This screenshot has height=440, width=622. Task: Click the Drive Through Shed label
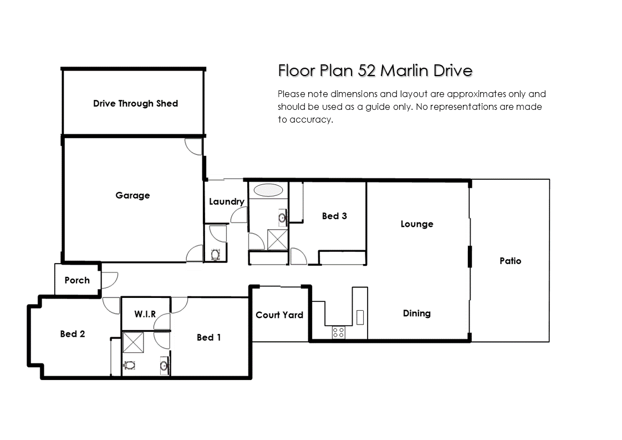135,104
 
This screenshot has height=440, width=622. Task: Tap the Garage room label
132,195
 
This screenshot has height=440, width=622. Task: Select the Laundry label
227,202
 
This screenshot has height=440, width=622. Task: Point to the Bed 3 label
334,216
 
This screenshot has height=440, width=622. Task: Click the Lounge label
416,224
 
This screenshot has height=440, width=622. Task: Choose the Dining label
416,313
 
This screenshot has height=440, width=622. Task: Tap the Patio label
510,261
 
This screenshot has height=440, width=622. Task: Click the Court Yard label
279,315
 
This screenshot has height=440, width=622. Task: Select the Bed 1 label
208,337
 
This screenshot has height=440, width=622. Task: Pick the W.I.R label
145,314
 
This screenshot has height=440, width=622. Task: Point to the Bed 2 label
73,334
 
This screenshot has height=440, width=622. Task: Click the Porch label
77,280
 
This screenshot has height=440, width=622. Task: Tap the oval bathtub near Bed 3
268,190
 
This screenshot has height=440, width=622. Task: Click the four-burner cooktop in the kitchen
338,332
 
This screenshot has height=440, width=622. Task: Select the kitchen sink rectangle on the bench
360,317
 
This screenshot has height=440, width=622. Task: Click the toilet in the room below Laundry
216,254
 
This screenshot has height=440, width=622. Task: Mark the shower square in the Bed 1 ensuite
133,343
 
